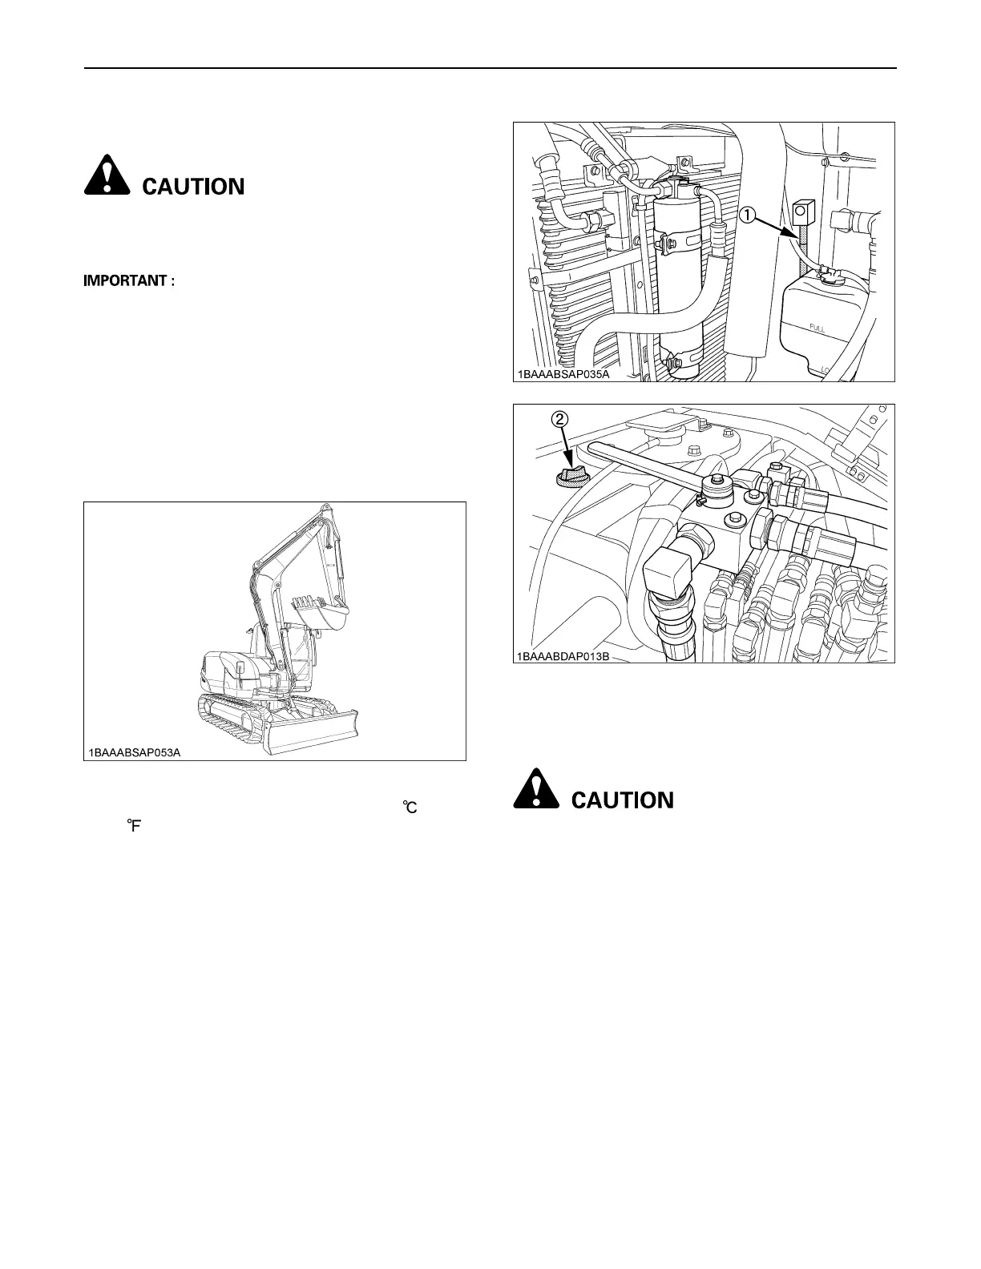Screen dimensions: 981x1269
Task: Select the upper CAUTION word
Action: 193,187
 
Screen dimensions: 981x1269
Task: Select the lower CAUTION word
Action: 623,800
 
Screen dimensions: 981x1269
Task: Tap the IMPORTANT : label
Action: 129,282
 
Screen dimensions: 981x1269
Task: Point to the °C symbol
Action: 410,808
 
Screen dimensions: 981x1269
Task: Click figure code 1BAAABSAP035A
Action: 563,374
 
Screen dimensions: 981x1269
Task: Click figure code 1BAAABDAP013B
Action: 563,656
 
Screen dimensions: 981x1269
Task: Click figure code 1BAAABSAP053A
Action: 134,753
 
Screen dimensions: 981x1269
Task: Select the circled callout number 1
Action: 745,215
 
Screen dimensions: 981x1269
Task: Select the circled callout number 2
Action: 561,418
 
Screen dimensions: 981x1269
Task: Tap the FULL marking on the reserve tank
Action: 817,328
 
